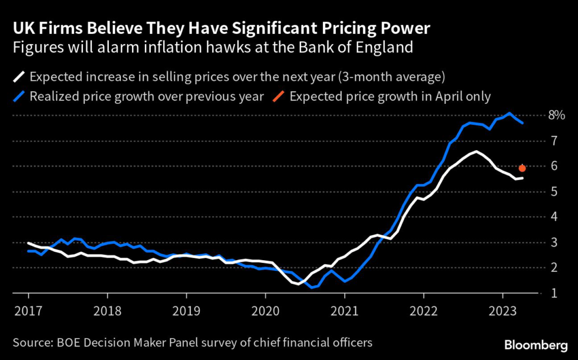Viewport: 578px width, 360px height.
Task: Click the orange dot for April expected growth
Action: coord(522,168)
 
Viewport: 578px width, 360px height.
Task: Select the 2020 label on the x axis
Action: coord(265,310)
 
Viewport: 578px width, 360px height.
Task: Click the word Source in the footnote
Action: coord(30,343)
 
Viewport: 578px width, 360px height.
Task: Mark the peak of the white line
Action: coord(476,151)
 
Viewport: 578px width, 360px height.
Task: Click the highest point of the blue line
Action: coord(510,113)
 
